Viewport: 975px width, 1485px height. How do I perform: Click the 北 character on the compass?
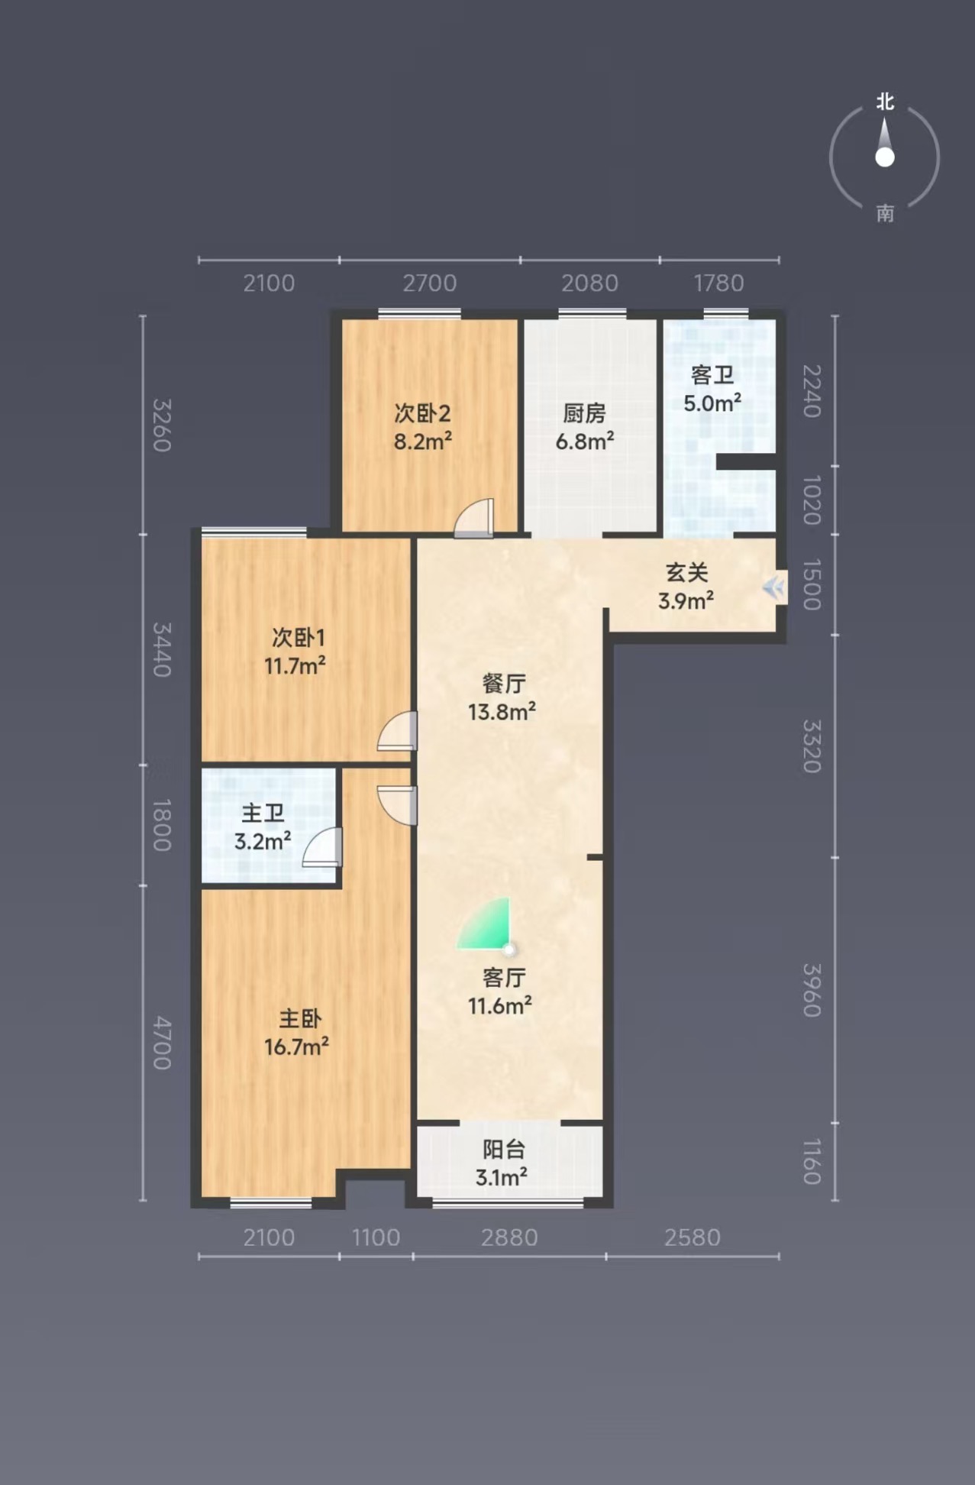[885, 102]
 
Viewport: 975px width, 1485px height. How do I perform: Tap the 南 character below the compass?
[885, 212]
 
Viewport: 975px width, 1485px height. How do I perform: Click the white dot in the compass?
[885, 157]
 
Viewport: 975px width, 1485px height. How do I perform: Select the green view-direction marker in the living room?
[485, 924]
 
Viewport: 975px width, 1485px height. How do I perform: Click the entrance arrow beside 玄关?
[773, 587]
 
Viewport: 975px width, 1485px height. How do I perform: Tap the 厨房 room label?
[584, 413]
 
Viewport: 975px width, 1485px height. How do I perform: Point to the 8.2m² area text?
[423, 441]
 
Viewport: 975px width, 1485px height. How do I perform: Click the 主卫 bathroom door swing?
[322, 847]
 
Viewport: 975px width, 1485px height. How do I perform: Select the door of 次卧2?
[474, 518]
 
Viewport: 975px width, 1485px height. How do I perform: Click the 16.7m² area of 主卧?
[296, 1046]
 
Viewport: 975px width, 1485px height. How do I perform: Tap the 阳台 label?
[504, 1149]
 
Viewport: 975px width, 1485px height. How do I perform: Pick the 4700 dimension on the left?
[162, 1043]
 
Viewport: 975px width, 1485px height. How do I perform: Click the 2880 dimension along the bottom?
[509, 1237]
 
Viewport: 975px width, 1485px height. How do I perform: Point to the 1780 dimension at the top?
[718, 283]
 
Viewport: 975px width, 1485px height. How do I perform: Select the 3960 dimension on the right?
[812, 990]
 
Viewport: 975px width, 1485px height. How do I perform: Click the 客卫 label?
[712, 375]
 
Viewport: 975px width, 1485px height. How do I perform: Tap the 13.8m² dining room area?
[502, 712]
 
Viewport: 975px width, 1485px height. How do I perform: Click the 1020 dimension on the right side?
[812, 500]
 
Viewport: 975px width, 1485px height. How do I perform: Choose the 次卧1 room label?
[298, 637]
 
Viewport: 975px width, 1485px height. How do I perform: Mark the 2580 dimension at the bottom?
[693, 1237]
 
